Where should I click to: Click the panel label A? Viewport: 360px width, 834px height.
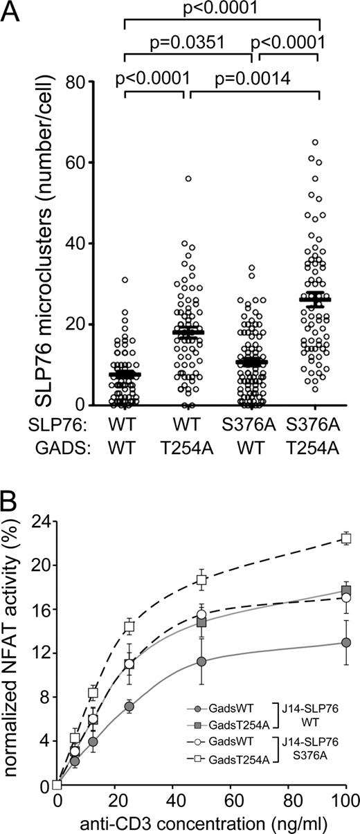[x=12, y=12]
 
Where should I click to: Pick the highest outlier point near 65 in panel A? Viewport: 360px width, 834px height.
[x=315, y=142]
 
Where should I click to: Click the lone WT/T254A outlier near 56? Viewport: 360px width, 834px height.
[x=187, y=179]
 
